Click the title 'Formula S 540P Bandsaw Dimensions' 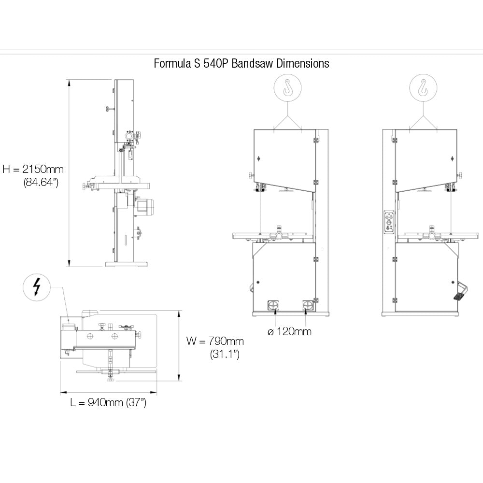[x=241, y=63]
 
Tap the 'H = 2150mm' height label [x=33, y=169]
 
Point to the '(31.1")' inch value [x=225, y=354]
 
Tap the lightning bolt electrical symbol [x=36, y=288]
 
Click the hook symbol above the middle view [x=288, y=88]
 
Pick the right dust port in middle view [x=308, y=305]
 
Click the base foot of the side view [x=126, y=265]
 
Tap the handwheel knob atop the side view [x=107, y=110]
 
